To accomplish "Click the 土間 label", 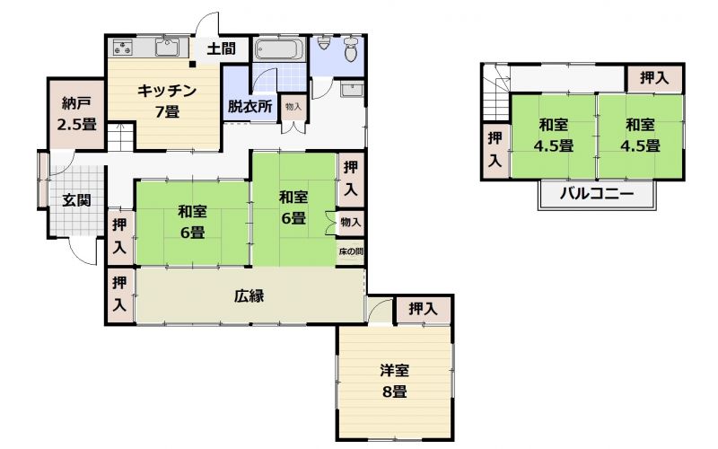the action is pyautogui.click(x=221, y=48).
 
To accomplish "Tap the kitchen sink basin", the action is pyautogui.click(x=169, y=48).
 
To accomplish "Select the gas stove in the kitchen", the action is pyautogui.click(x=123, y=48).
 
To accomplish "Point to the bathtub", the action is pyautogui.click(x=279, y=49).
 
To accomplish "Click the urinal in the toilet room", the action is pyautogui.click(x=324, y=43).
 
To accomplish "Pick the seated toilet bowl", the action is pyautogui.click(x=351, y=49).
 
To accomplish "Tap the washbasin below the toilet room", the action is pyautogui.click(x=352, y=89).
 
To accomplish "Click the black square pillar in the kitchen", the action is pyautogui.click(x=193, y=64).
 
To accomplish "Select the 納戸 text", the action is pyautogui.click(x=76, y=103).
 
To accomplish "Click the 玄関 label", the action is pyautogui.click(x=76, y=199).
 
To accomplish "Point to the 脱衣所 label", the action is pyautogui.click(x=250, y=106).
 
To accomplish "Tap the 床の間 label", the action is pyautogui.click(x=351, y=251).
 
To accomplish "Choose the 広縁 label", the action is pyautogui.click(x=250, y=296).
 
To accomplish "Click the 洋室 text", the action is pyautogui.click(x=394, y=370).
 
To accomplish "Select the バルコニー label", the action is pyautogui.click(x=597, y=194).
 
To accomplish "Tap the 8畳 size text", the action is pyautogui.click(x=394, y=392).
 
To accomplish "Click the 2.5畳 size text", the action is pyautogui.click(x=76, y=124).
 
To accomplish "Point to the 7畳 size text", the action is pyautogui.click(x=167, y=111).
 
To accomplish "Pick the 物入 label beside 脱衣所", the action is pyautogui.click(x=293, y=107).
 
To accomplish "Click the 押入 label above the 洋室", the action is pyautogui.click(x=423, y=309).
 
